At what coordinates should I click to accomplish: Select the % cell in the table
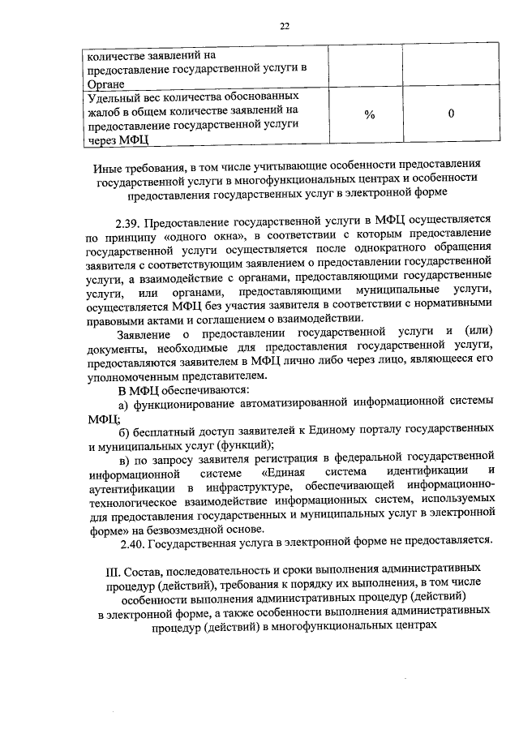click(370, 115)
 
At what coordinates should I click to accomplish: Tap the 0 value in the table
click(451, 115)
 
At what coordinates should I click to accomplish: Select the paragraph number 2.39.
click(132, 220)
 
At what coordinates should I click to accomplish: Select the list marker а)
click(124, 404)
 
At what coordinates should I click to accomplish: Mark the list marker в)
click(124, 459)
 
